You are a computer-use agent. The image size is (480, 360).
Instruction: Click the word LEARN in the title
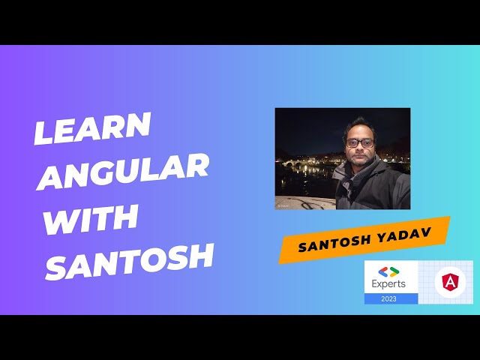pos(92,128)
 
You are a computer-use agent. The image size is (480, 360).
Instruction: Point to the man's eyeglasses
pos(358,141)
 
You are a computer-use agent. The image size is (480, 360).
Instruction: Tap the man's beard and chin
pos(359,157)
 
